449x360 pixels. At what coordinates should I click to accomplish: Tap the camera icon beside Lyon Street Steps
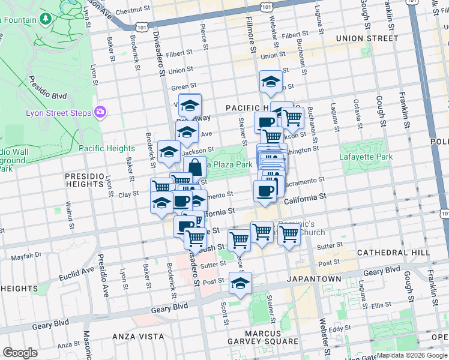tap(100, 112)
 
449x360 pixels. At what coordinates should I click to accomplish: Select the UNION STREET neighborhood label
tap(367, 38)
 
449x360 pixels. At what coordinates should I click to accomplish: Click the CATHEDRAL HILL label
tap(393, 253)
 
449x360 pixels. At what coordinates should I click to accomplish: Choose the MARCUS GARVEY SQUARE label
tap(262, 337)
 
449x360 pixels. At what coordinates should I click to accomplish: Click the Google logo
tap(20, 353)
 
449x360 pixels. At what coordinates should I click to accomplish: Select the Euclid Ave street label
tap(76, 274)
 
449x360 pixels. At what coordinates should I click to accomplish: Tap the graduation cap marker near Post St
tap(240, 283)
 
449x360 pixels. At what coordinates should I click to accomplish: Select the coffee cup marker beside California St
tap(265, 191)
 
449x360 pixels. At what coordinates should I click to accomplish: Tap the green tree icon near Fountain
tap(46, 20)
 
